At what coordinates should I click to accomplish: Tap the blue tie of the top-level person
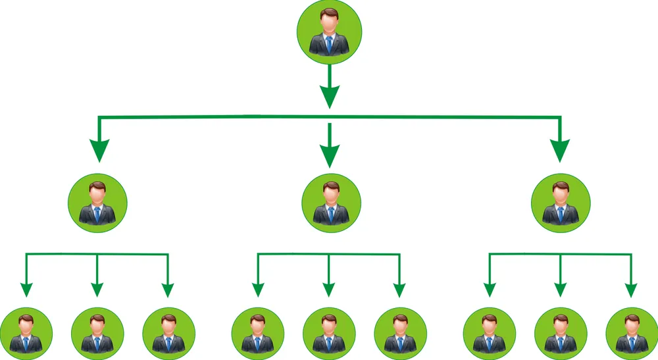(328, 45)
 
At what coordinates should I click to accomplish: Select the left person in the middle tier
(97, 202)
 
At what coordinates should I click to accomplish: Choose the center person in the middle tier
(331, 202)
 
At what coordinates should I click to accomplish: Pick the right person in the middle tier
(561, 202)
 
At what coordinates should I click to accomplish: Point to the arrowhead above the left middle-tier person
(99, 151)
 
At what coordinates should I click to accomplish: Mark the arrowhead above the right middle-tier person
(560, 151)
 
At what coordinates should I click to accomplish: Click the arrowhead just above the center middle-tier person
(330, 155)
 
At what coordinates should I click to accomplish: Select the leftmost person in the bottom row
(26, 333)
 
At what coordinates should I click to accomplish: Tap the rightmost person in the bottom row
(631, 333)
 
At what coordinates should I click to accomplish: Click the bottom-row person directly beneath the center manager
(328, 333)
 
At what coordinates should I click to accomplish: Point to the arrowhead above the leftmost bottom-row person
(26, 289)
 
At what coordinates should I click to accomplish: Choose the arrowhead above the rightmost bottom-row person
(631, 289)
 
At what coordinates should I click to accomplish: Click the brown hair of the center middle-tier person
(331, 186)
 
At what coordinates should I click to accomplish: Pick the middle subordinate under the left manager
(97, 333)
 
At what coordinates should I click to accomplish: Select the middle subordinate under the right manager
(560, 333)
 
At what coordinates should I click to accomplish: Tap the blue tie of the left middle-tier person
(97, 213)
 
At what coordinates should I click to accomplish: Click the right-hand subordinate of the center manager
(399, 333)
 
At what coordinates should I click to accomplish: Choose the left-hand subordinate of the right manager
(489, 333)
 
